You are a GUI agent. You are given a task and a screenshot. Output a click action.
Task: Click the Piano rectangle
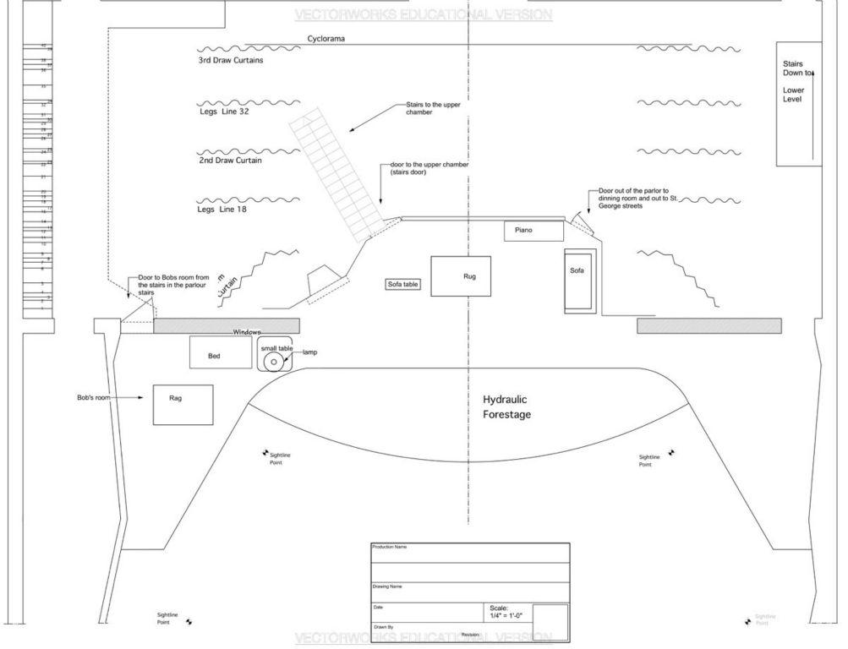(x=533, y=231)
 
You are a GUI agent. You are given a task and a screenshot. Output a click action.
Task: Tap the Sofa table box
(x=402, y=285)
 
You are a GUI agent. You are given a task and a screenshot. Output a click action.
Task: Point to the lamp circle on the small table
(x=272, y=362)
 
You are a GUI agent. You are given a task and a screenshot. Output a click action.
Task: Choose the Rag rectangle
(x=183, y=404)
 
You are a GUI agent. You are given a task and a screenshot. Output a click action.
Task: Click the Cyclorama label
(x=326, y=39)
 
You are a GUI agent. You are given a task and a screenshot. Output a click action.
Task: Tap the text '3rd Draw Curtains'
(x=230, y=61)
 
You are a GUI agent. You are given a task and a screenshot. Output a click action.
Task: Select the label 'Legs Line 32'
(x=223, y=111)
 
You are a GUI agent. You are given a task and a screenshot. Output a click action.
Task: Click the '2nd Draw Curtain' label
(x=230, y=160)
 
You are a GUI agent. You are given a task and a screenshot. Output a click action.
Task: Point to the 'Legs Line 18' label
(x=222, y=209)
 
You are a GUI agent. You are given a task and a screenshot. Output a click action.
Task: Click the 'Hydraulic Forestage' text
(x=507, y=406)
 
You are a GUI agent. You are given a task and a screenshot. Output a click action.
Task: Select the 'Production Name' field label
(x=389, y=548)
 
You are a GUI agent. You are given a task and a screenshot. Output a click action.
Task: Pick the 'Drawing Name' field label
(x=387, y=586)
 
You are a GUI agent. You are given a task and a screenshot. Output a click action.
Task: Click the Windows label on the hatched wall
(x=248, y=332)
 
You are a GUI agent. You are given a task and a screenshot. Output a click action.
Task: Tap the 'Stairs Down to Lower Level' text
(x=796, y=81)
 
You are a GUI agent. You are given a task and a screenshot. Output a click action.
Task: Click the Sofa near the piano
(x=579, y=279)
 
